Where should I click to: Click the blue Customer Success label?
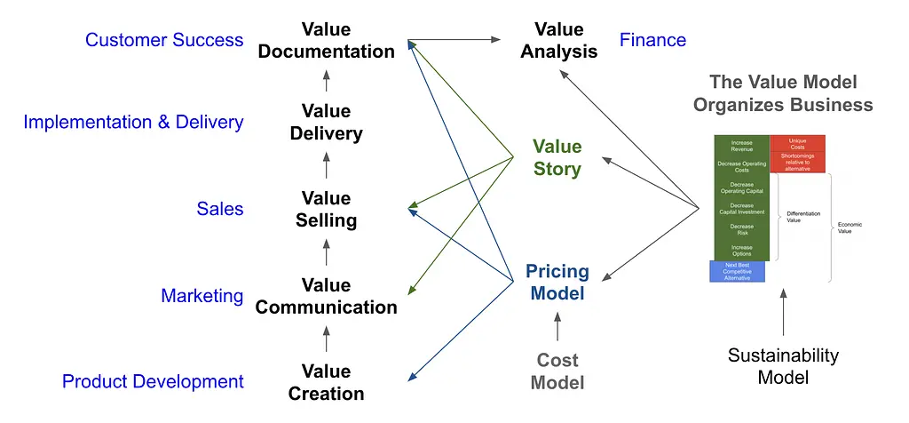tap(164, 40)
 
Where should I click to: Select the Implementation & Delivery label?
tap(133, 123)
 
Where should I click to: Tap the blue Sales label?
tap(219, 209)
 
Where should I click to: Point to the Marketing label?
tap(202, 296)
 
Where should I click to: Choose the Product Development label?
tap(153, 381)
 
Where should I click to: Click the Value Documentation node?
tap(326, 41)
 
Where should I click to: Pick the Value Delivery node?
tap(326, 123)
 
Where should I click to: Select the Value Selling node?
tap(326, 209)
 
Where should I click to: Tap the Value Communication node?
tap(326, 296)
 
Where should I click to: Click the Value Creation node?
tap(326, 382)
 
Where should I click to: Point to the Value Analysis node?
tap(559, 41)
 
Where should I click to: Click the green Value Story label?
tap(557, 157)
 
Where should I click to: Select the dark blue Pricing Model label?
tap(557, 281)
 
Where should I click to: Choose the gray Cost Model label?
tap(557, 371)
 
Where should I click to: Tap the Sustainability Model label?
tap(783, 366)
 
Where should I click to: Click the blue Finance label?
tap(652, 40)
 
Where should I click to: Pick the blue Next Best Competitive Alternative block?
tap(737, 271)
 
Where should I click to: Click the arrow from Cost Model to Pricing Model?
tap(557, 326)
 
